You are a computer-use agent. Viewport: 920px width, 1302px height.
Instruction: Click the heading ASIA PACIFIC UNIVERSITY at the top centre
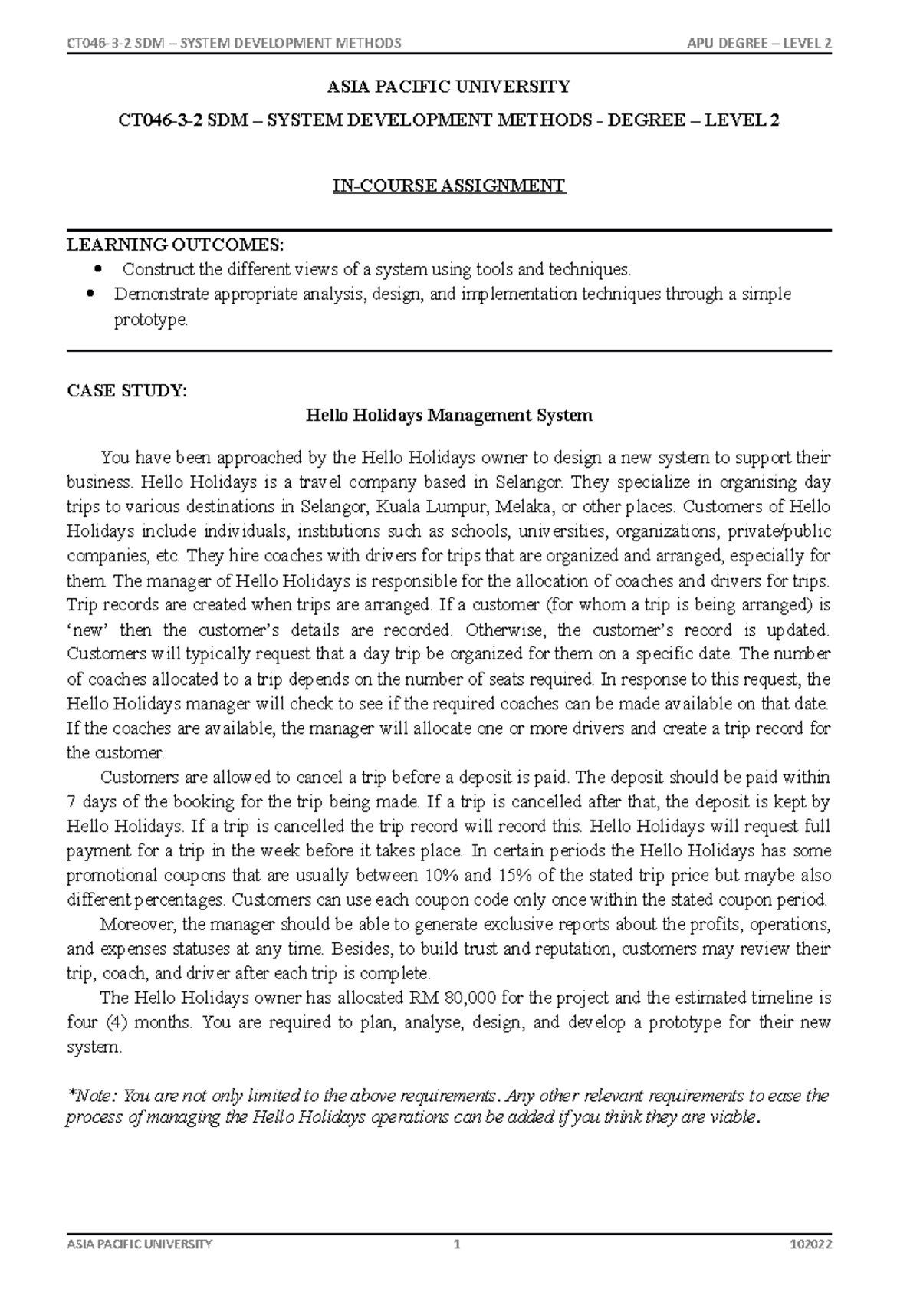[449, 87]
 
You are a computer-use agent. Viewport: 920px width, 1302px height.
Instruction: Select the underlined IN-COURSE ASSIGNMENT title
[449, 186]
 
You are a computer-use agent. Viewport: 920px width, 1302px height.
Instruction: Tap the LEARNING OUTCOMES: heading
[175, 245]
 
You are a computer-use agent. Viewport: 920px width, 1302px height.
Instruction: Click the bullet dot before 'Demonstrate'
[90, 294]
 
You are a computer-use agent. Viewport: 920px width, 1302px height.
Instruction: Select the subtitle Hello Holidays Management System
[449, 416]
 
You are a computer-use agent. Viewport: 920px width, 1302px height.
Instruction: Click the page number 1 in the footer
[457, 1244]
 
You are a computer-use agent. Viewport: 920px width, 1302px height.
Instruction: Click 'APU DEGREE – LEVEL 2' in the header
[760, 43]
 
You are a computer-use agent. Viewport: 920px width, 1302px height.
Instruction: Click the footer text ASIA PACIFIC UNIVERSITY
[140, 1244]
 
